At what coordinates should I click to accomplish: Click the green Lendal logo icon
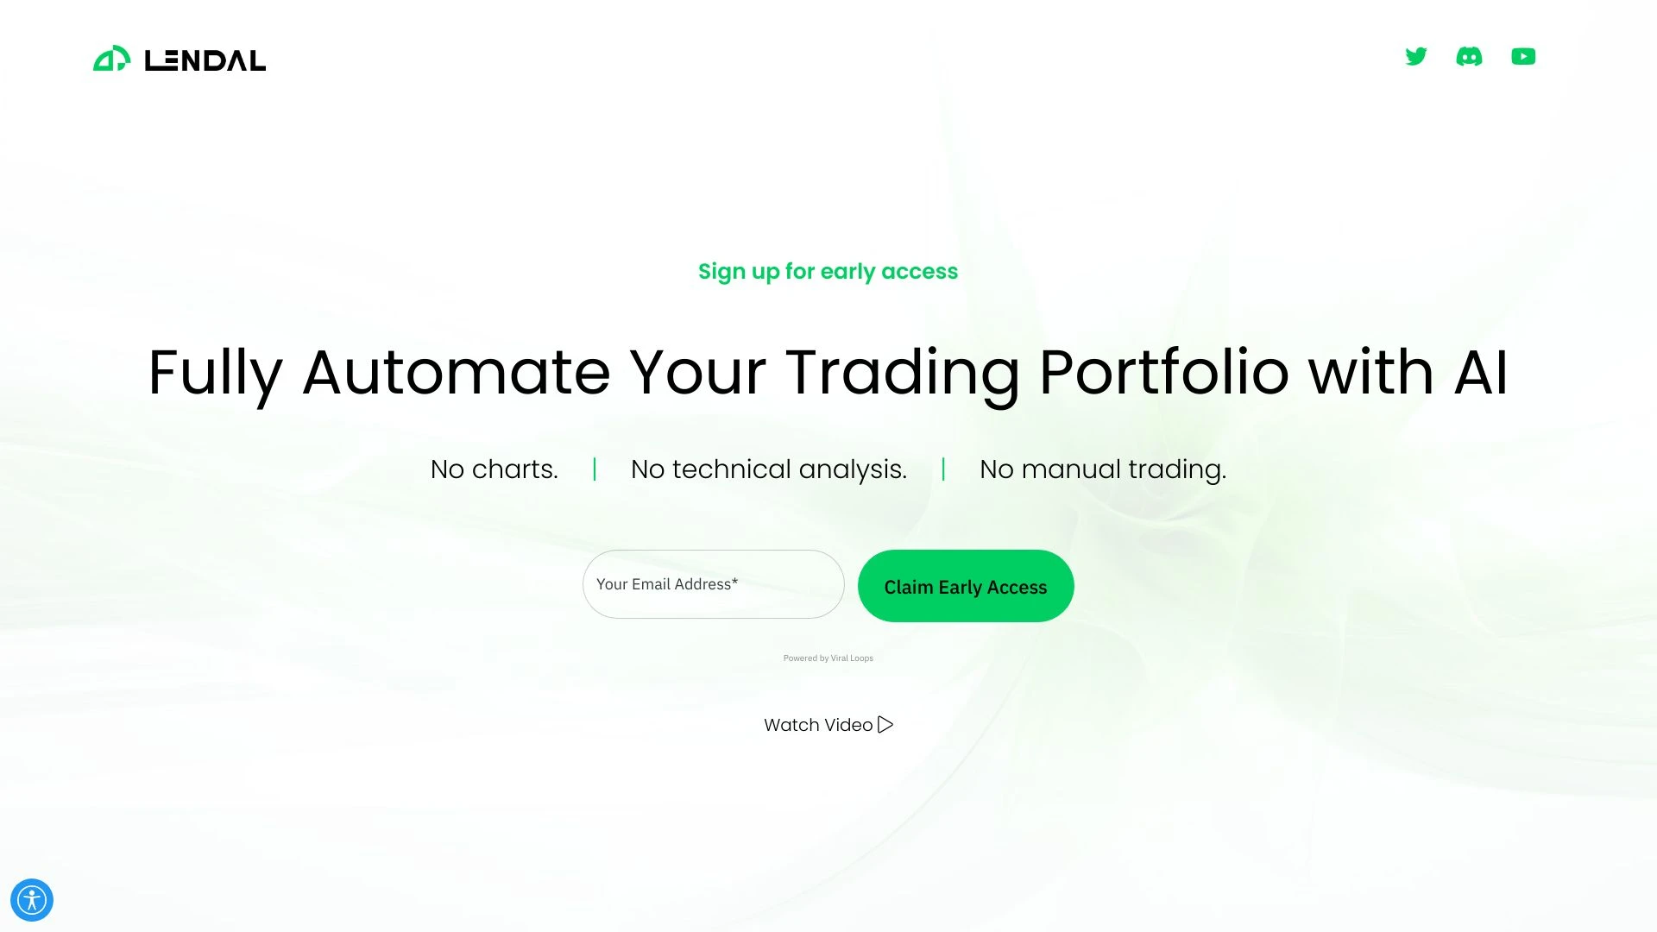111,59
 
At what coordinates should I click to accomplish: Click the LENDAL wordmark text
205,60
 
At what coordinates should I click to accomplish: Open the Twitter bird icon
1416,57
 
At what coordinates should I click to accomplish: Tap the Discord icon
1469,57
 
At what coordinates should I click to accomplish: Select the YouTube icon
1523,57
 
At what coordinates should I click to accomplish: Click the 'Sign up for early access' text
828,271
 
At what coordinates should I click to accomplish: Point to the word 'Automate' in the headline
457,373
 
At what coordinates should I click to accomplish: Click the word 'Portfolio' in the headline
1164,373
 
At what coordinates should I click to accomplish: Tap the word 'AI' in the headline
1481,373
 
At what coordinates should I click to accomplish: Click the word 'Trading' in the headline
903,373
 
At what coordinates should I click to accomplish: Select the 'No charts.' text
495,469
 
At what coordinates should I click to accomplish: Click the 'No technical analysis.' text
769,469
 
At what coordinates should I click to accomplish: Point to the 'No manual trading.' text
1103,469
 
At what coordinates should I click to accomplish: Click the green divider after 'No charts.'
595,469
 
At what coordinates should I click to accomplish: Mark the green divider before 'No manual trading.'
943,469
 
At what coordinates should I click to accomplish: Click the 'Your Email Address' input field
713,584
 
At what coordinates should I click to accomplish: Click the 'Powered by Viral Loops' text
828,658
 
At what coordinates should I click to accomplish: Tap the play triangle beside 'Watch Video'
885,725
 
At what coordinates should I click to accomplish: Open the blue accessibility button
32,900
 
